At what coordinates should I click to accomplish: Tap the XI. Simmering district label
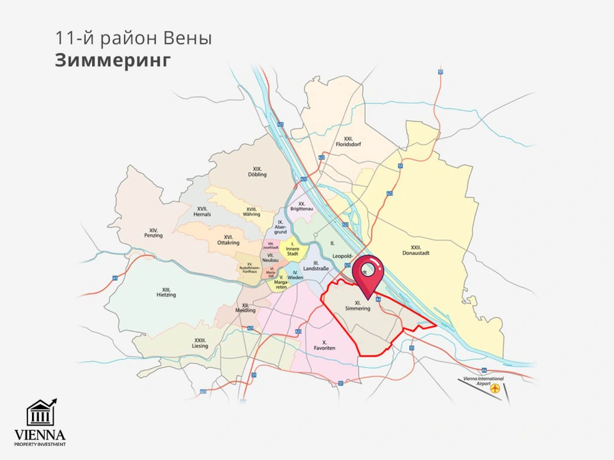tap(358, 305)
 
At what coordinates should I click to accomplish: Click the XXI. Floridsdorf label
tap(349, 141)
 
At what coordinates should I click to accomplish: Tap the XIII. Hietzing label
tap(166, 292)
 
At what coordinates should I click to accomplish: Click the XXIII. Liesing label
tap(200, 343)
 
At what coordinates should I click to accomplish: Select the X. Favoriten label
tap(324, 346)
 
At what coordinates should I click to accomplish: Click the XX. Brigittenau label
tap(301, 206)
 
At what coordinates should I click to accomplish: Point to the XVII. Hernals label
tap(202, 211)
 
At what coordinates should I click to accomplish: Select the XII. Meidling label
tap(246, 308)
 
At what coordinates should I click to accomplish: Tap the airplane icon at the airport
tap(495, 388)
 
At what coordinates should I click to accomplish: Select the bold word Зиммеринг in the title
tap(113, 61)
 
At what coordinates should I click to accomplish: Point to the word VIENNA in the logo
tap(40, 434)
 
